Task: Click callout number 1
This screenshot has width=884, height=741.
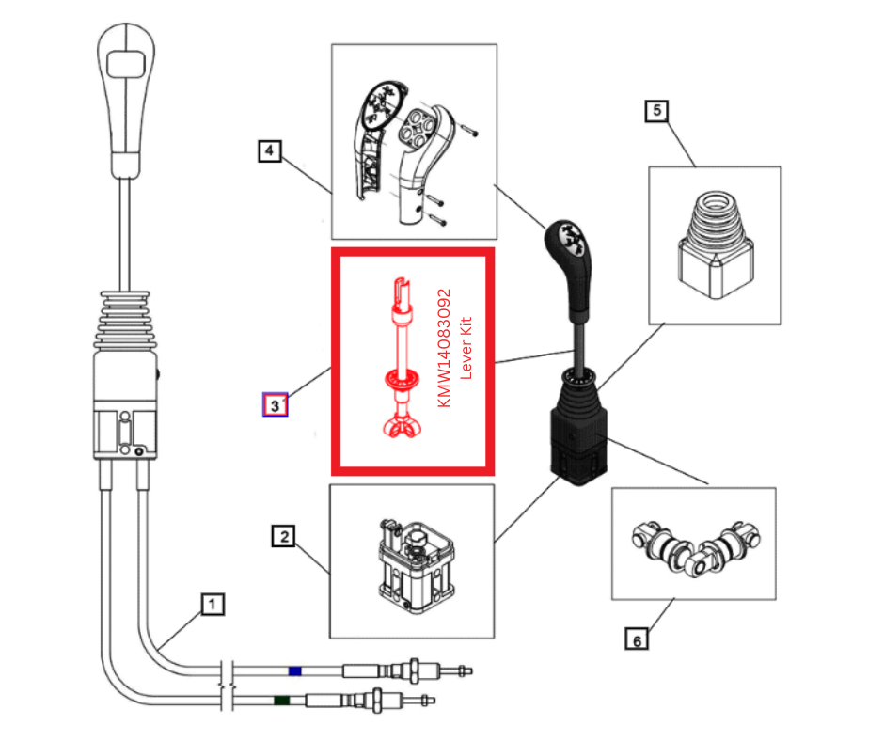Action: coord(213,603)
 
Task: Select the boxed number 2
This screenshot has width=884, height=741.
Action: coord(283,537)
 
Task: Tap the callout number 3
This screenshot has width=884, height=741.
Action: coord(275,405)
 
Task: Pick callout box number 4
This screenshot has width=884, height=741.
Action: coord(270,150)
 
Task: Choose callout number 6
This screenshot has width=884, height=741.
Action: coord(637,640)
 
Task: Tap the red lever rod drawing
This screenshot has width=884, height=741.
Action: coord(402,357)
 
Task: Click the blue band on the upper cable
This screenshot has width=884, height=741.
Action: coord(295,671)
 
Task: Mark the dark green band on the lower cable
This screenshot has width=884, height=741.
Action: coord(280,700)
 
